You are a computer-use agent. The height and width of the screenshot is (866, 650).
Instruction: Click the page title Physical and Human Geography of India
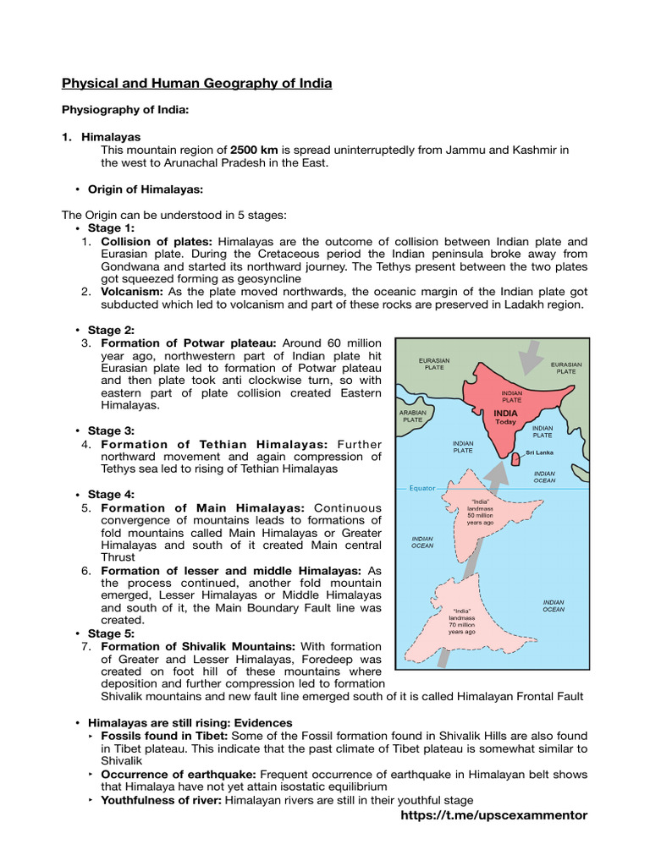(x=196, y=83)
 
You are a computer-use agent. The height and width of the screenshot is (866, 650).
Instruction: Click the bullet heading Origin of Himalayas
(x=146, y=189)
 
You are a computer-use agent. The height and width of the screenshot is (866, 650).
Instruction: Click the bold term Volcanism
(x=133, y=291)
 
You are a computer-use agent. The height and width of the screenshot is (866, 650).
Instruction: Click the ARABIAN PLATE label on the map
(x=412, y=416)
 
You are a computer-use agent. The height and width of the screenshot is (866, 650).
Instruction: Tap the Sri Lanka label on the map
(x=539, y=452)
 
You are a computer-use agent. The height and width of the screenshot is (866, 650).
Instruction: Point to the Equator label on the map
(x=422, y=488)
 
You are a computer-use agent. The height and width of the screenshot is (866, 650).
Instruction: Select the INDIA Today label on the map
(x=505, y=417)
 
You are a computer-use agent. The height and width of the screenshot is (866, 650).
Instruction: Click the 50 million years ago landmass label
(x=480, y=512)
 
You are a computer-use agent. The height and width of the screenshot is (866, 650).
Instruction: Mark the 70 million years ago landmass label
(x=461, y=621)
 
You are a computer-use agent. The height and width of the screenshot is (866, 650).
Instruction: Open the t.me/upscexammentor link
(x=492, y=814)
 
